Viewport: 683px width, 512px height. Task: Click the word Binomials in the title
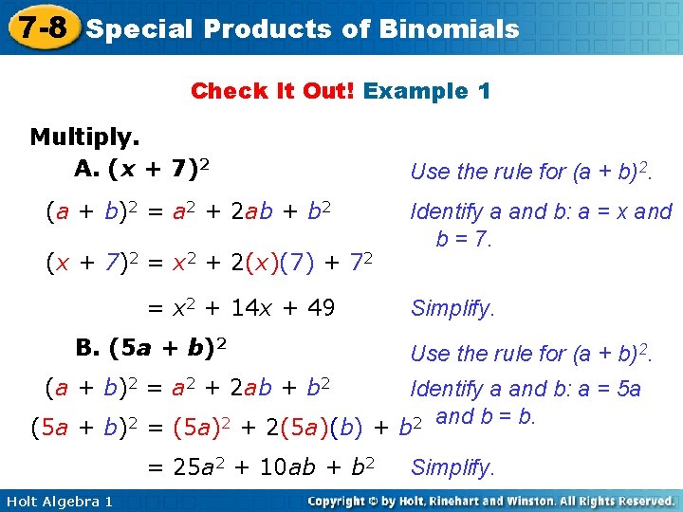tap(449, 28)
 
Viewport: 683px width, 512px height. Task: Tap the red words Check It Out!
tap(273, 91)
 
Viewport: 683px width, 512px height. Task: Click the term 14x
tap(250, 308)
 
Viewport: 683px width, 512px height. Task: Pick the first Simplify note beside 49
tap(452, 308)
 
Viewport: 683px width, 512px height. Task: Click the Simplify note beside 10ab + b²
tap(452, 467)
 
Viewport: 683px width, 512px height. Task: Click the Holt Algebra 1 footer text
tap(58, 501)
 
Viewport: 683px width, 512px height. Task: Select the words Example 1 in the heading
tap(427, 91)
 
